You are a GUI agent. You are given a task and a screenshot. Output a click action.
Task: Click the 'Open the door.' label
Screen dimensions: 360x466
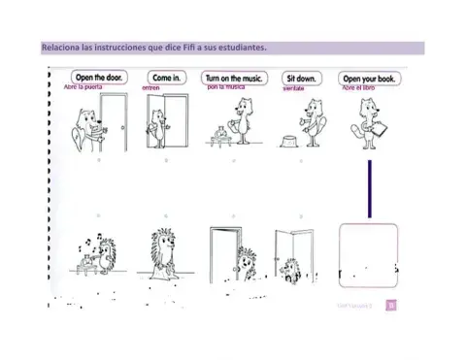pyautogui.click(x=100, y=77)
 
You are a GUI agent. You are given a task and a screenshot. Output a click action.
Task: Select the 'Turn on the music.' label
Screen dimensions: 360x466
pyautogui.click(x=237, y=77)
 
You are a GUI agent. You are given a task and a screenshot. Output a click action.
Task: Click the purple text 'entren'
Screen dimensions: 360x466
pyautogui.click(x=150, y=88)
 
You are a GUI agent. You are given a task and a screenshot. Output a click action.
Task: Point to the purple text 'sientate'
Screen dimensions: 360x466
pyautogui.click(x=294, y=88)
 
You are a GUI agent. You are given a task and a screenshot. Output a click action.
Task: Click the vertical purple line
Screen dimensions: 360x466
pyautogui.click(x=370, y=189)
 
